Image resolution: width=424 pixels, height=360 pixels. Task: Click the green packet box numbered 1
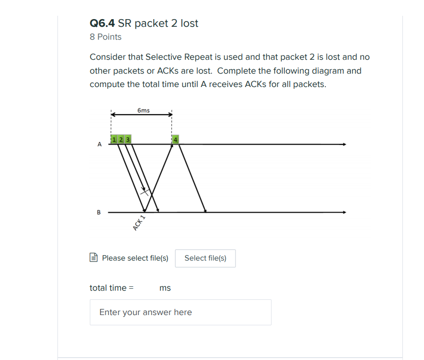pos(114,140)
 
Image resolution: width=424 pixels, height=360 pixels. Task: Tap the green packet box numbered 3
pos(128,140)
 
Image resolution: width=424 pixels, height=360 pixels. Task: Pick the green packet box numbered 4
pos(176,140)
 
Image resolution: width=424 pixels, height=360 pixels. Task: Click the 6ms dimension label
pos(143,110)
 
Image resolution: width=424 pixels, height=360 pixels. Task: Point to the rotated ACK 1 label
pos(139,223)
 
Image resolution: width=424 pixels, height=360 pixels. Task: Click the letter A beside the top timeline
pos(100,144)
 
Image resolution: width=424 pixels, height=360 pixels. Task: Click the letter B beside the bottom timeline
pos(99,212)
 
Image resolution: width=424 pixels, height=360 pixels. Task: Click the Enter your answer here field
pos(180,312)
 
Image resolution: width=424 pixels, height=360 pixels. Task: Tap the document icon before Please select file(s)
pos(94,258)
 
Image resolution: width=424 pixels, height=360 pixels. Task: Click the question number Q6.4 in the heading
pos(102,23)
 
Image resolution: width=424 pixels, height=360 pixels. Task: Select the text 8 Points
pos(106,37)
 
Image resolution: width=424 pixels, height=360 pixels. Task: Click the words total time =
pos(112,288)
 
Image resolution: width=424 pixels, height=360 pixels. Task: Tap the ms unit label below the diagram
pos(165,288)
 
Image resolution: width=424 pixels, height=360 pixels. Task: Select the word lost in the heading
pos(190,23)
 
